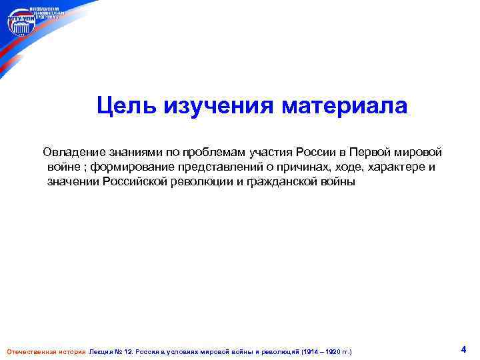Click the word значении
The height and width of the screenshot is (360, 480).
(73, 182)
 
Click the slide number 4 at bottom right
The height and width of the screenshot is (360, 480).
(463, 349)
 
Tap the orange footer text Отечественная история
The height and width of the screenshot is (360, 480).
(46, 351)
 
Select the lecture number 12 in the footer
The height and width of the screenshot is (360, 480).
(129, 351)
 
